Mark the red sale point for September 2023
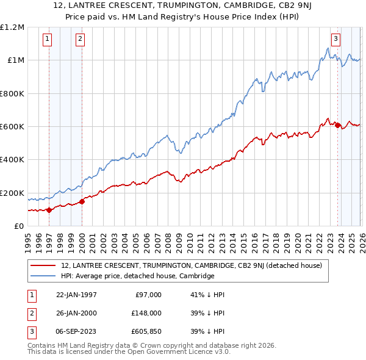[x=338, y=126]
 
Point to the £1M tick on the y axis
[x=15, y=60]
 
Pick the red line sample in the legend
[x=44, y=265]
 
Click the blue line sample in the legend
[x=44, y=276]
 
